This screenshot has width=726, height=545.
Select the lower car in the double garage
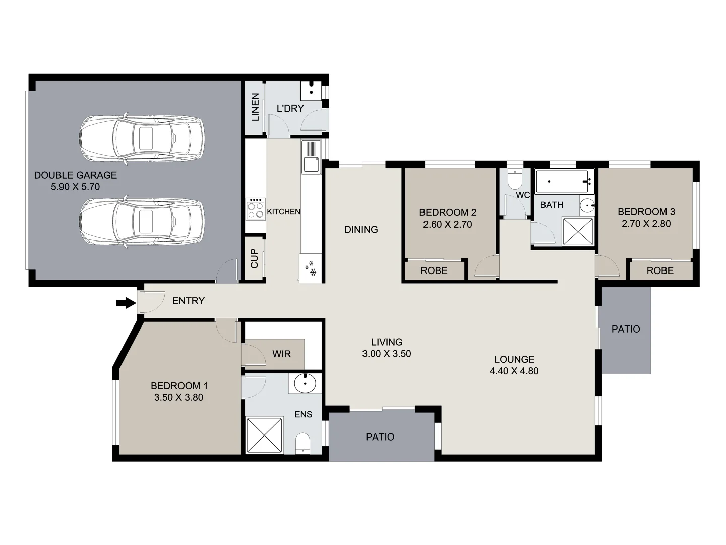click(x=142, y=221)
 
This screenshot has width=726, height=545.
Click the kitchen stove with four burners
click(x=255, y=208)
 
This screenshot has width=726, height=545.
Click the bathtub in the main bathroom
click(x=563, y=181)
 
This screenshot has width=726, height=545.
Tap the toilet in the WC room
click(x=515, y=179)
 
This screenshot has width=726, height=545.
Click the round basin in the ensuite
click(x=306, y=384)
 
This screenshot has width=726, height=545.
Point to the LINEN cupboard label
click(x=255, y=107)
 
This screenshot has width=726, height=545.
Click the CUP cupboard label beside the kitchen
click(x=254, y=258)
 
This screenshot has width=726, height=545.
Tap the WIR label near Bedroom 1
click(x=281, y=354)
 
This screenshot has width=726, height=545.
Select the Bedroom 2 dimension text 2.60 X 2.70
click(x=447, y=224)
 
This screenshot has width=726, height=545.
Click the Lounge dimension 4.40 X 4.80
click(x=514, y=371)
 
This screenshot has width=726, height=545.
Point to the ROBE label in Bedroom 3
click(x=659, y=270)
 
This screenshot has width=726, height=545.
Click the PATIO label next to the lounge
click(x=625, y=329)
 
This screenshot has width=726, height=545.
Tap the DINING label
click(x=361, y=229)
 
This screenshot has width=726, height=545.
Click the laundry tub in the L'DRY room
click(x=311, y=91)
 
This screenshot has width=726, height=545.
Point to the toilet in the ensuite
click(x=302, y=443)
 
